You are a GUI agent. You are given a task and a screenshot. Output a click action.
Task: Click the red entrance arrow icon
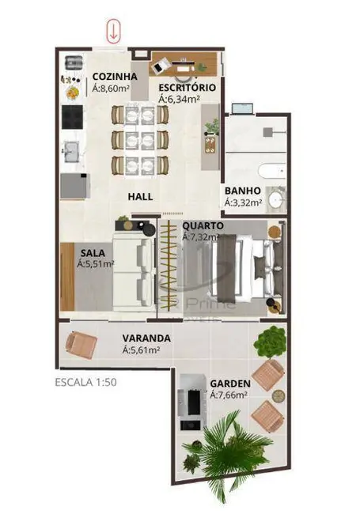pyautogui.click(x=114, y=32)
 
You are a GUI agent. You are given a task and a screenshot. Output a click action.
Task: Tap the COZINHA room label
pyautogui.click(x=115, y=77)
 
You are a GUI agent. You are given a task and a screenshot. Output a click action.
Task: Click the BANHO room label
pyautogui.click(x=241, y=191)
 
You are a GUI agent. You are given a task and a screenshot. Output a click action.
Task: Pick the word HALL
pyautogui.click(x=140, y=196)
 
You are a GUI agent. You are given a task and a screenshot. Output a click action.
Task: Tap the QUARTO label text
pyautogui.click(x=203, y=225)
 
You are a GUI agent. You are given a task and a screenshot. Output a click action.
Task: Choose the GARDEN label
pyautogui.click(x=229, y=383)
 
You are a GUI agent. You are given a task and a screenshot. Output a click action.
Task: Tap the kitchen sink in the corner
pyautogui.click(x=74, y=62)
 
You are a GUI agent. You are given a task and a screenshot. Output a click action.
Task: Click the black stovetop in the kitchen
pyautogui.click(x=73, y=115)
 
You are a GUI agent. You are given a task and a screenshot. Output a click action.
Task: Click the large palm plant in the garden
pyautogui.click(x=218, y=451)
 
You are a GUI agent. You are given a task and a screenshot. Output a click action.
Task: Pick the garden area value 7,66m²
pyautogui.click(x=230, y=395)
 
